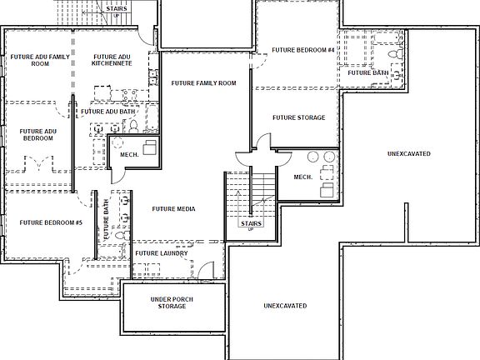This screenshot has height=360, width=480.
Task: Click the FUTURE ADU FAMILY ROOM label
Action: pos(40,61)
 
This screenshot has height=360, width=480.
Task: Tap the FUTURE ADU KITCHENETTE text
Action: pos(112,61)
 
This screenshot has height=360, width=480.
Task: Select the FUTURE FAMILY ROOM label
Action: pos(204,83)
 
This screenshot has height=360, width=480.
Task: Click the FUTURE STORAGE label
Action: pos(298,117)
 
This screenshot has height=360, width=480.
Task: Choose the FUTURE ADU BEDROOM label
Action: pos(38,135)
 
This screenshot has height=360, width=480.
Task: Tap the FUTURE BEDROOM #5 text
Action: pos(51,222)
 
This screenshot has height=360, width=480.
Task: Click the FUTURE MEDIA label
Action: pos(173,209)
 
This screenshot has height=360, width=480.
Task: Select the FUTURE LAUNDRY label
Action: pos(161,253)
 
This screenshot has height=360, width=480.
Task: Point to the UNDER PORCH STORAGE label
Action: pos(168,302)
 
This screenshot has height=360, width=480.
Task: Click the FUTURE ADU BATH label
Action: pos(108,111)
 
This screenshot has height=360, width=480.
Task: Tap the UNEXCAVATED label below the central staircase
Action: pos(285,306)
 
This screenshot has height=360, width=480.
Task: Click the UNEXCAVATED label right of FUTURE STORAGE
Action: pos(409,154)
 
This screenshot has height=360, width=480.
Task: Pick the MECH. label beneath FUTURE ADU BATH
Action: pos(128,154)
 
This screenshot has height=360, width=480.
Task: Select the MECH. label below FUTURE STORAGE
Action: pos(302,177)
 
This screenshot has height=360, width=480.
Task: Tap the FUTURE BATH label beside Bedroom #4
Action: pos(367,72)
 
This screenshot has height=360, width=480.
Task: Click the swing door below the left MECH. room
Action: pos(117,173)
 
